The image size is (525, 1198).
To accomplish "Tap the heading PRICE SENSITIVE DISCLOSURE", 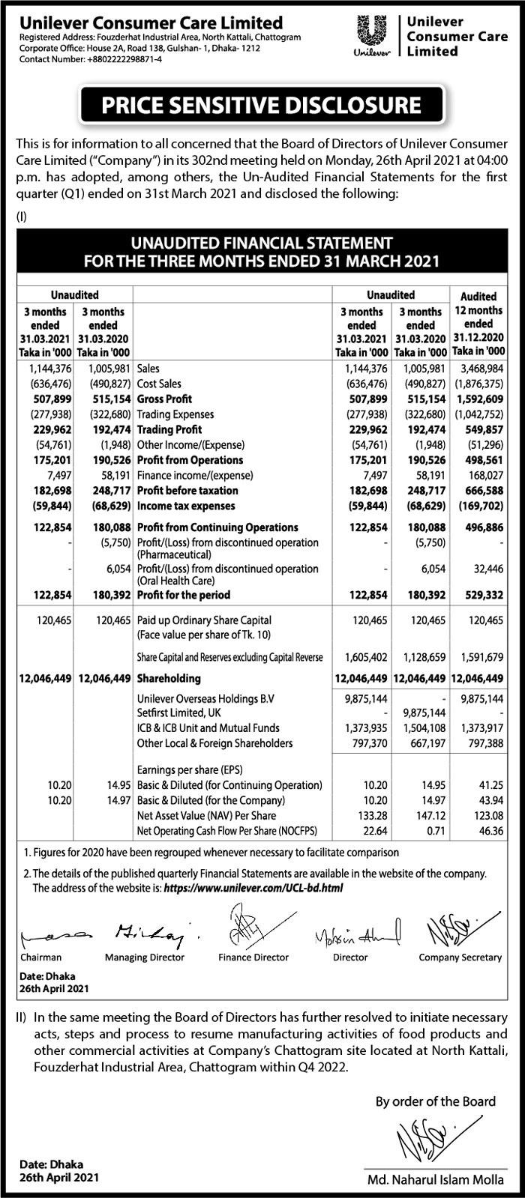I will coord(262,104).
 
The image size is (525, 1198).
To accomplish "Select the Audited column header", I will coord(478,297).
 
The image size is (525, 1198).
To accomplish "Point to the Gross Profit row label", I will coord(165,399).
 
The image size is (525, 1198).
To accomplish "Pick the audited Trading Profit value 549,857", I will coord(480,429).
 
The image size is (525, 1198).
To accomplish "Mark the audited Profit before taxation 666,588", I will coord(480,491).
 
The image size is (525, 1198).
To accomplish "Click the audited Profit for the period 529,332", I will coord(480,596).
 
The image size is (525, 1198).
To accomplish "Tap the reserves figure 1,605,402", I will coord(362,657).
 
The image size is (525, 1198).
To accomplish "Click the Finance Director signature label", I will coord(253,957).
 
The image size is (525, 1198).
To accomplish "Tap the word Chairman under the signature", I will coord(42,957).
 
